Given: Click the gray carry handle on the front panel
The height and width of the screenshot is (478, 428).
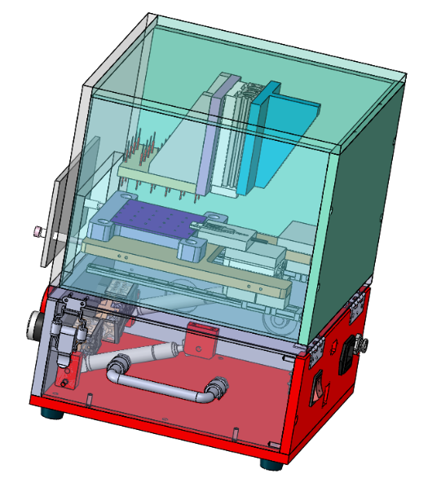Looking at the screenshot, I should tap(163, 382).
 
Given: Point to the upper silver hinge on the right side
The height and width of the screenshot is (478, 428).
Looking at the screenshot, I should tap(355, 305).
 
